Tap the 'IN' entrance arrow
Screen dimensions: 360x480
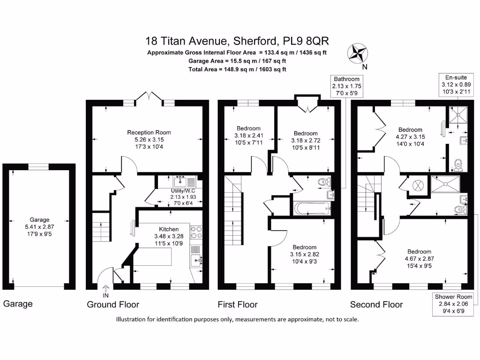[x=105, y=291]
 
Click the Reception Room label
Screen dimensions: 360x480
[x=148, y=133]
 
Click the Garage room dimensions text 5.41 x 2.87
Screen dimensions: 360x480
[x=40, y=226]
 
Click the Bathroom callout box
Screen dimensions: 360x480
[x=346, y=86]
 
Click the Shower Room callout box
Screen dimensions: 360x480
[x=453, y=304]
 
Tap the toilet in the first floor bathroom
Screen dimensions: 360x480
[x=323, y=182]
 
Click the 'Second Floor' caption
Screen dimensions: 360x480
[x=376, y=305]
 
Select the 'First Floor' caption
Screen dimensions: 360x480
[x=238, y=305]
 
